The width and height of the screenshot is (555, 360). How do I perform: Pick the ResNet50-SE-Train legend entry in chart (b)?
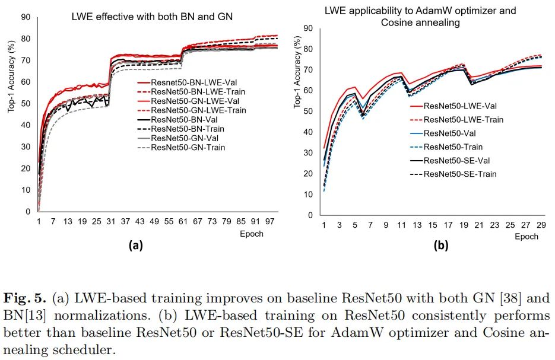tap(461, 174)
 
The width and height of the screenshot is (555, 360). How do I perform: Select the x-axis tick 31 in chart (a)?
tap(110, 221)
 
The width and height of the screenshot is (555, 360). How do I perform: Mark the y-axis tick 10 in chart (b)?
tap(307, 195)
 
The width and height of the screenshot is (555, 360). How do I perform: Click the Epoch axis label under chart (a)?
tap(251, 233)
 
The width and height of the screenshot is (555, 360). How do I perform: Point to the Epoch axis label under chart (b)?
tap(526, 236)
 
